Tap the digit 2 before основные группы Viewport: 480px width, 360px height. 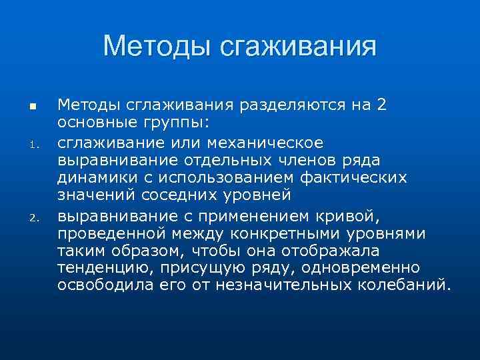tap(381, 105)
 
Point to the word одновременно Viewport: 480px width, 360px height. tap(354, 268)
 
